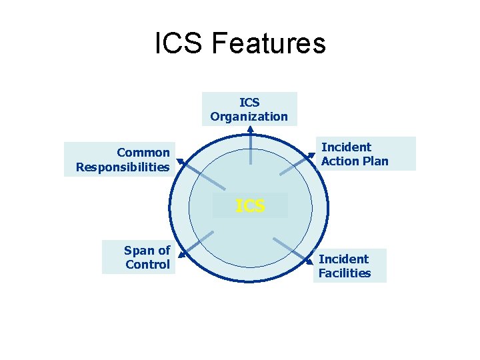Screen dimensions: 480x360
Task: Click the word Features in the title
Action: click(x=268, y=44)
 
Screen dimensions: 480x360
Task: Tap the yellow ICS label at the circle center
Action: click(x=250, y=206)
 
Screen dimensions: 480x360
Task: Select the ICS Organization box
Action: click(x=249, y=109)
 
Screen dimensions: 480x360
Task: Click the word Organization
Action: click(x=249, y=117)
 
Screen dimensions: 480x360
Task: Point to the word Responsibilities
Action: click(x=123, y=167)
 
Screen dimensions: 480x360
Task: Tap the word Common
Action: click(x=143, y=153)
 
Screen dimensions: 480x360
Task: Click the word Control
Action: click(x=147, y=265)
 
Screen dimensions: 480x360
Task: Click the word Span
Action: click(x=137, y=251)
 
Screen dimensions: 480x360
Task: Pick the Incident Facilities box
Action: click(x=349, y=266)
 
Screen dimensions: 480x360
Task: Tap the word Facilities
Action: click(x=345, y=273)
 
